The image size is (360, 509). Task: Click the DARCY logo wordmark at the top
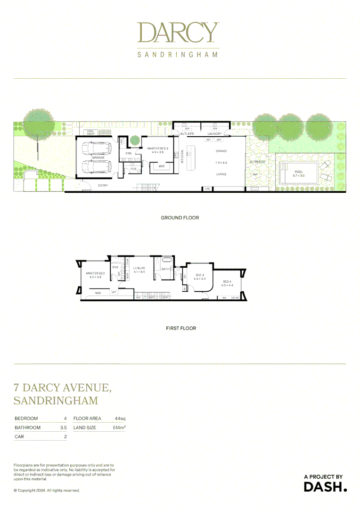coord(178,32)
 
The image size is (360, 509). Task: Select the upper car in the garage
coord(97,149)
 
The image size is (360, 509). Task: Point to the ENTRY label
coord(103,186)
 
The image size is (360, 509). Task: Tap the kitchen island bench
coord(191,158)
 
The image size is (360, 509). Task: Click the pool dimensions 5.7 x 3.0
coord(299,175)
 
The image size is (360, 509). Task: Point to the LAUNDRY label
coord(214,134)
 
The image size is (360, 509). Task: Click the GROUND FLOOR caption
coord(180,218)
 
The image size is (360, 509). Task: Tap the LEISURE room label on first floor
coord(139,268)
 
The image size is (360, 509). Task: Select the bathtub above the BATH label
coord(168,260)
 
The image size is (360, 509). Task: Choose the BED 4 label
coord(227,282)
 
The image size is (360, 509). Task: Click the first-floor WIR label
coord(98,293)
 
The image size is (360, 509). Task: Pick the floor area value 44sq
coord(120,419)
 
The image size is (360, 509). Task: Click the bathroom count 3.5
coord(63,428)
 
